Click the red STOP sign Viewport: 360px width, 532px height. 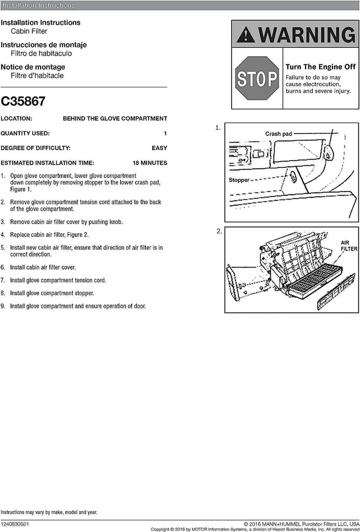point(257,78)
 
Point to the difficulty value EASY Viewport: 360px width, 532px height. point(159,148)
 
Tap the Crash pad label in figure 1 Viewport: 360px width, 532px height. point(279,134)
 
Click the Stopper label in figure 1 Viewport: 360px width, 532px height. point(239,180)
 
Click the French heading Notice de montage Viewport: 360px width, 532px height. point(33,67)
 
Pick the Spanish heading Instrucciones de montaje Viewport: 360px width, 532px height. point(44,45)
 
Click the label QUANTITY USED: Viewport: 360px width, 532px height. point(25,133)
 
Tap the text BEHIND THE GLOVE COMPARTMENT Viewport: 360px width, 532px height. point(115,118)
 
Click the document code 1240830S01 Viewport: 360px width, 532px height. point(15,525)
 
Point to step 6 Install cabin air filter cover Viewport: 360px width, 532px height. point(43,268)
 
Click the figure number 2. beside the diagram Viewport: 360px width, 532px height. point(218,231)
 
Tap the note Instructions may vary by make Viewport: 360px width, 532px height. point(48,512)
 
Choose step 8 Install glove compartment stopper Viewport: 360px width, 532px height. point(50,293)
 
